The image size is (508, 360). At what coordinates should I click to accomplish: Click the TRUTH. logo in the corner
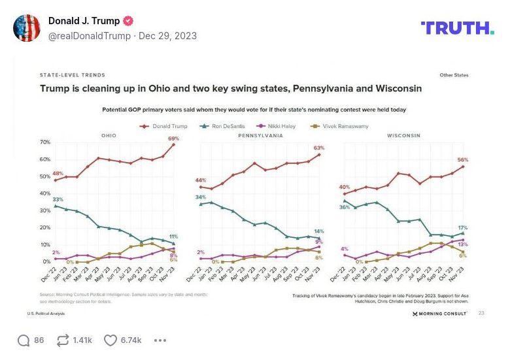tap(457, 28)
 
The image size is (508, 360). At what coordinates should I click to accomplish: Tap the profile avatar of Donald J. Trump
tap(27, 27)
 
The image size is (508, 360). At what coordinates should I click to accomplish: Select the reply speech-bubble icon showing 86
tap(24, 340)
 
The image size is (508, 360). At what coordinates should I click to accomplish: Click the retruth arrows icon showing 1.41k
tap(63, 340)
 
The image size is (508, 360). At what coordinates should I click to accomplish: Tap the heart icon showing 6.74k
tap(110, 340)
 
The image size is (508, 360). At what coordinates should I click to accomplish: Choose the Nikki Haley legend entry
tap(280, 125)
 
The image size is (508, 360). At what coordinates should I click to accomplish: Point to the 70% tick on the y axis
tap(46, 142)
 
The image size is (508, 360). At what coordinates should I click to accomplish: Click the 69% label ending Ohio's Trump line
tap(173, 139)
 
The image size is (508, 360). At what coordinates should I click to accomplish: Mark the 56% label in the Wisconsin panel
tap(463, 160)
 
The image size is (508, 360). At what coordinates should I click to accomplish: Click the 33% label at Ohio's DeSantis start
tap(58, 199)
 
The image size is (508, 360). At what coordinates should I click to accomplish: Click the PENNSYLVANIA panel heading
tap(260, 135)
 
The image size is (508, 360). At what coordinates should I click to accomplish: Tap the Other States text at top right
tap(454, 75)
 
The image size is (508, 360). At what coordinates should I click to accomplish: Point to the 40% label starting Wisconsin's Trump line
tap(345, 187)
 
